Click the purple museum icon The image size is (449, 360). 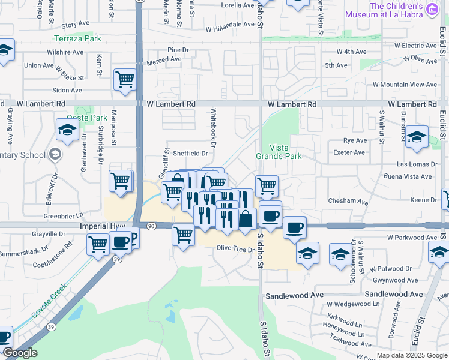(432, 8)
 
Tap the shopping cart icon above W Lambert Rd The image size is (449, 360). (125, 79)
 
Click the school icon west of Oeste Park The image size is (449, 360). (67, 129)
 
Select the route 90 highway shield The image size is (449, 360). (151, 226)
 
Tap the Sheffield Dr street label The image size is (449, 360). (190, 153)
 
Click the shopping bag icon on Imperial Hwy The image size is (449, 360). (246, 218)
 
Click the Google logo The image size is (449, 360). (20, 353)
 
